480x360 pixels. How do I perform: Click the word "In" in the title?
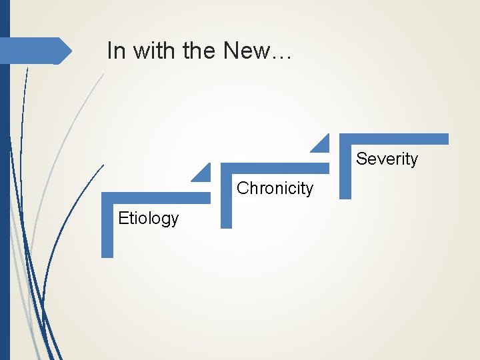coord(115,51)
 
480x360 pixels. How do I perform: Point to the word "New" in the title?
coord(247,51)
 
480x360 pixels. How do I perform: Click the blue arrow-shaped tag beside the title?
coord(33,51)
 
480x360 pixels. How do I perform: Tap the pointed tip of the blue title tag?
coord(70,51)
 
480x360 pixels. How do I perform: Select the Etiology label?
coord(148,218)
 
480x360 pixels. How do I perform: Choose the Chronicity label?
coord(275,188)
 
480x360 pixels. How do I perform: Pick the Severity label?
coord(387,159)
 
